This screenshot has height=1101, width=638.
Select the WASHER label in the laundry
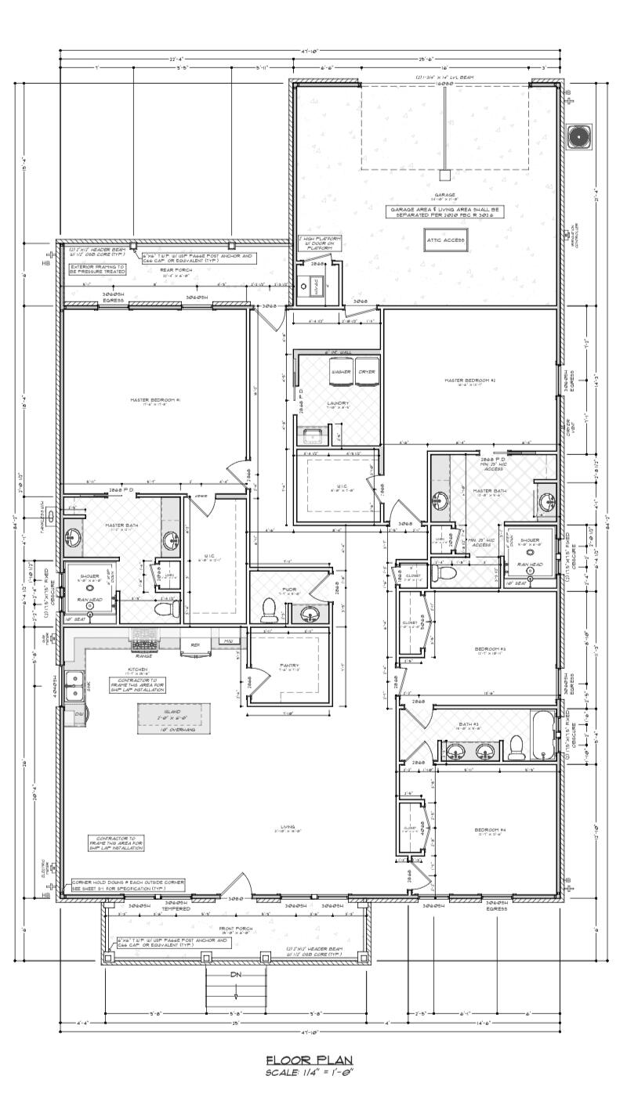tap(340, 371)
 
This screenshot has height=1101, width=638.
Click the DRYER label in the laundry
tap(366, 371)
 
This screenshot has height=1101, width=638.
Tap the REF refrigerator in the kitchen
tap(195, 645)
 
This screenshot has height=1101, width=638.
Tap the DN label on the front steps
tap(236, 975)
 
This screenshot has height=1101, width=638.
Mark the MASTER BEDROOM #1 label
tap(155, 399)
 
